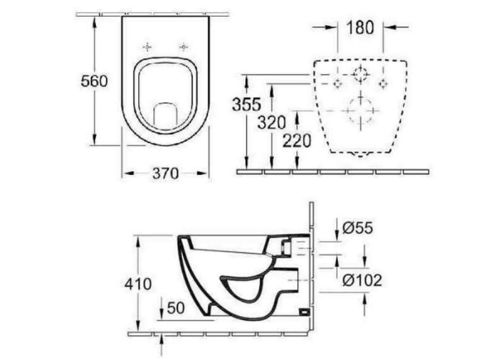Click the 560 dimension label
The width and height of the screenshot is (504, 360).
coord(95,81)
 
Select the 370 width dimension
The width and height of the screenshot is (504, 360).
coord(165,173)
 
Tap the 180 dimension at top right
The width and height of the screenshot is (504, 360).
coord(360,27)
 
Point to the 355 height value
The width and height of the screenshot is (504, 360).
coord(246,104)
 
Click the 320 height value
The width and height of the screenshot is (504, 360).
coord(272,122)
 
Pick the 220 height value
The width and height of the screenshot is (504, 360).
coord(298,141)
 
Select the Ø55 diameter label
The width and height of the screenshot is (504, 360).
coord(357,228)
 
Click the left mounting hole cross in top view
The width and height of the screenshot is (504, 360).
coord(147,47)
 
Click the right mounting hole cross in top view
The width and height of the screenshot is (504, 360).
coord(184,47)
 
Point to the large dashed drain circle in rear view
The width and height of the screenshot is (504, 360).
coord(360,109)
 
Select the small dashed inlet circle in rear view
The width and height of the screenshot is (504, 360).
coord(360,74)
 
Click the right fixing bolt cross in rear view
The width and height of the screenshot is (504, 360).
coord(383,83)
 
